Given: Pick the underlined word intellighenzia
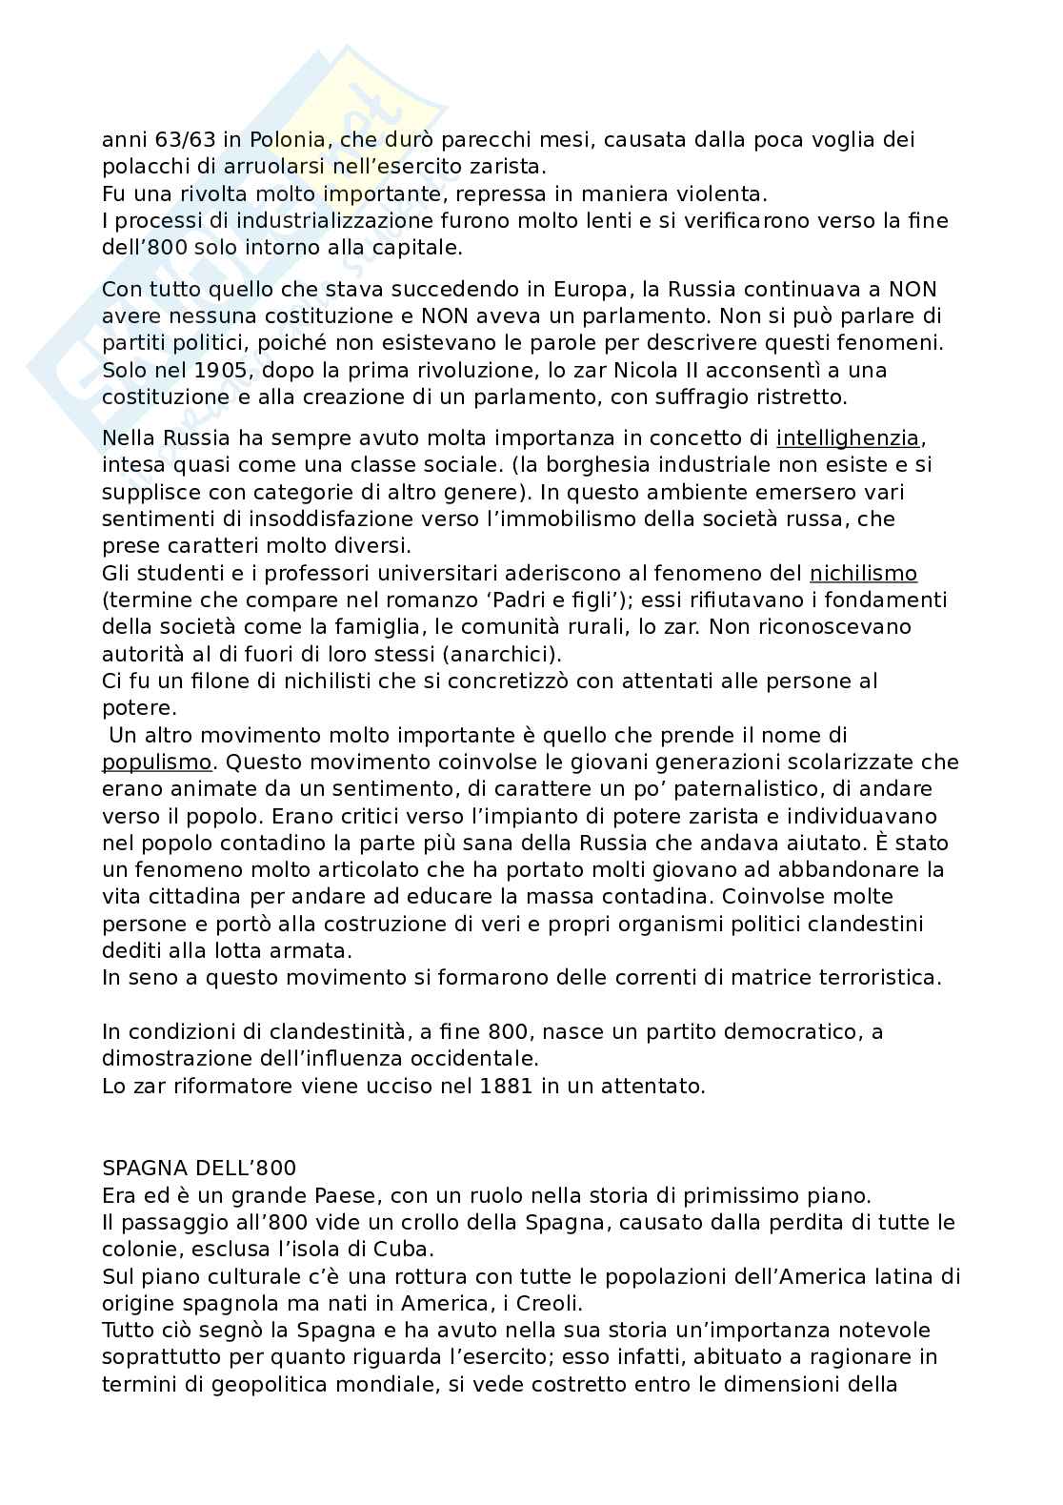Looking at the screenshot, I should [849, 438].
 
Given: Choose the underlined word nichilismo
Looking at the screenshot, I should [863, 574].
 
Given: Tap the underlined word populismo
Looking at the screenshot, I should [156, 763].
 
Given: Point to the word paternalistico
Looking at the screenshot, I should [739, 789].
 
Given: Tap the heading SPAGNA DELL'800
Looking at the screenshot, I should [198, 1169].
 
